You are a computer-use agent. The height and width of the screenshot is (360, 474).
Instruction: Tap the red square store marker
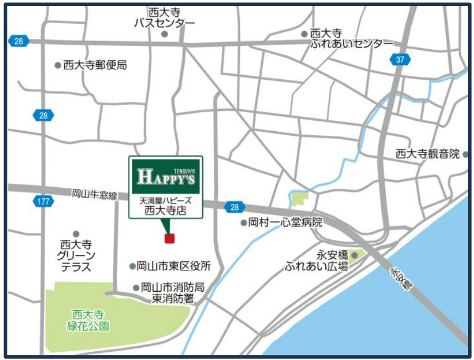170,239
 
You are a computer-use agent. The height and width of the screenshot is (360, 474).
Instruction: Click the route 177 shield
43,201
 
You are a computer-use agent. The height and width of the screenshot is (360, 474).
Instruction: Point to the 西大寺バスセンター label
165,18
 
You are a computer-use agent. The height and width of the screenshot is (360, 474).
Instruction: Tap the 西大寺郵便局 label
95,65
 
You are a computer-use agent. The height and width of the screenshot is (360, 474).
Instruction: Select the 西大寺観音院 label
427,153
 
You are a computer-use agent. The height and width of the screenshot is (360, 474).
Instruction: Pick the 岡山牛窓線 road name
95,194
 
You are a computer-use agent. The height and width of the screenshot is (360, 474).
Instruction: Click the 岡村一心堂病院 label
286,223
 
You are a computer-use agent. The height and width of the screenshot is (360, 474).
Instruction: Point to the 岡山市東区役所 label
174,266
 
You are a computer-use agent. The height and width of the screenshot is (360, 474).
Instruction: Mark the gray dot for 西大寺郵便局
58,65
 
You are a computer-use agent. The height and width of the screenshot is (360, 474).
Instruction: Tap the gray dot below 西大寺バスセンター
165,34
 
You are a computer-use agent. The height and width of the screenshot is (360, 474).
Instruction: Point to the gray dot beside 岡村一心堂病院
243,223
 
